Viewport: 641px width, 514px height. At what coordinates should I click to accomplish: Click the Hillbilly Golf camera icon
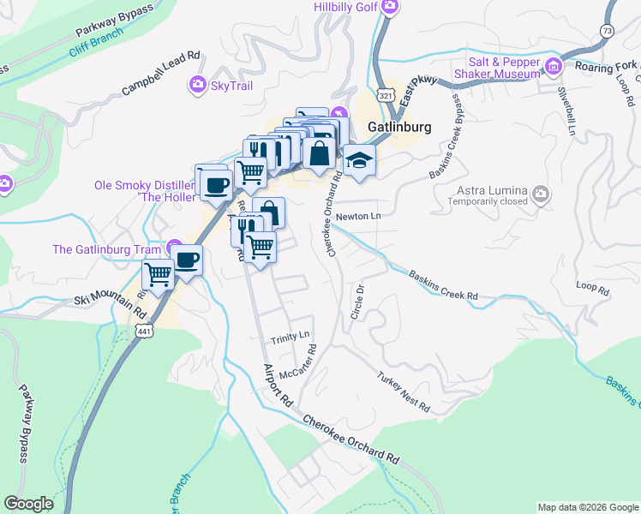click(x=391, y=8)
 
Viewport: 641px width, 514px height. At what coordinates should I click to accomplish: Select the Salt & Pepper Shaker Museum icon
click(x=554, y=66)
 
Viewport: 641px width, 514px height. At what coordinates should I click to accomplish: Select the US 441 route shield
click(x=141, y=330)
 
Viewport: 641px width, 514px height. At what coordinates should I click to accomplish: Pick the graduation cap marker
click(x=360, y=161)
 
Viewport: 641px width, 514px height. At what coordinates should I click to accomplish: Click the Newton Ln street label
click(x=358, y=217)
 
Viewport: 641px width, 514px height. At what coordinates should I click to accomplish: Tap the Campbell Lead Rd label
click(x=160, y=73)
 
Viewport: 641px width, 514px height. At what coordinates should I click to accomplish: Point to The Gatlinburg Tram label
click(x=107, y=249)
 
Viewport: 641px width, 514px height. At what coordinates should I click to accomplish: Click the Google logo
click(x=29, y=504)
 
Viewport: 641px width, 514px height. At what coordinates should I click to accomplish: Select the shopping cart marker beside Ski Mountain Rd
click(x=158, y=275)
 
